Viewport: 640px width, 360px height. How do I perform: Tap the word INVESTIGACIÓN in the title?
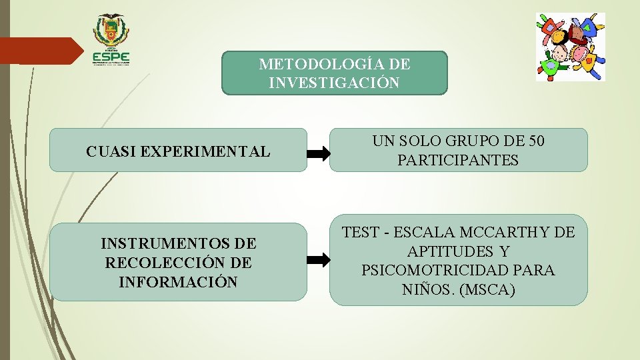[335, 83]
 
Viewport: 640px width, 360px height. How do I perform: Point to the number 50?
[536, 141]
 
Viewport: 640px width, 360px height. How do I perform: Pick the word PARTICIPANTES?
[458, 161]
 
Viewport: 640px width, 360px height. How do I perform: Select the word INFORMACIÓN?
[178, 282]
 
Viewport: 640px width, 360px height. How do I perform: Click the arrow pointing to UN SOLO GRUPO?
[318, 154]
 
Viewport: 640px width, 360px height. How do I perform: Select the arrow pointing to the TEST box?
[318, 260]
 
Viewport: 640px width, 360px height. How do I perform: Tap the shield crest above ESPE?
[111, 31]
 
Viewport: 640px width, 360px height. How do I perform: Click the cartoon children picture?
[571, 47]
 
